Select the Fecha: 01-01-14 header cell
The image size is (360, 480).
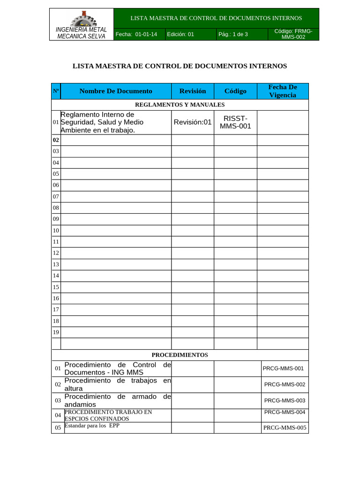pyautogui.click(x=139, y=34)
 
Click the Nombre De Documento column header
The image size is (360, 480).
pyautogui.click(x=116, y=91)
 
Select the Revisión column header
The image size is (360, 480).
pyautogui.click(x=192, y=91)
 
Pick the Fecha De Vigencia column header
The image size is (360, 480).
pyautogui.click(x=283, y=91)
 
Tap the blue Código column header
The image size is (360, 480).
pyautogui.click(x=235, y=91)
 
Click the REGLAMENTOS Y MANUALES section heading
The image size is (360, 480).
pyautogui.click(x=180, y=105)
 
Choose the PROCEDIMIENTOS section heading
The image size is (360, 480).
pyautogui.click(x=180, y=355)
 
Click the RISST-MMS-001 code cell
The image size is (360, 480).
pyautogui.click(x=235, y=122)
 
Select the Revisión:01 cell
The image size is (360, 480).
pyautogui.click(x=193, y=122)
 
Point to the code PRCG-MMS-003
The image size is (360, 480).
pyautogui.click(x=285, y=400)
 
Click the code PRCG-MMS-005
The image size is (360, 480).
pyautogui.click(x=285, y=427)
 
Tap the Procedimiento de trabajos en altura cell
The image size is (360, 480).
pyautogui.click(x=117, y=385)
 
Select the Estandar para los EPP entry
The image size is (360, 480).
pyautogui.click(x=92, y=426)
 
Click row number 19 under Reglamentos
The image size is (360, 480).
pyautogui.click(x=56, y=332)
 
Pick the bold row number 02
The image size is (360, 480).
pyautogui.click(x=56, y=140)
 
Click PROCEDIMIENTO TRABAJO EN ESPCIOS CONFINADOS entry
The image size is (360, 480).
pyautogui.click(x=109, y=415)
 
